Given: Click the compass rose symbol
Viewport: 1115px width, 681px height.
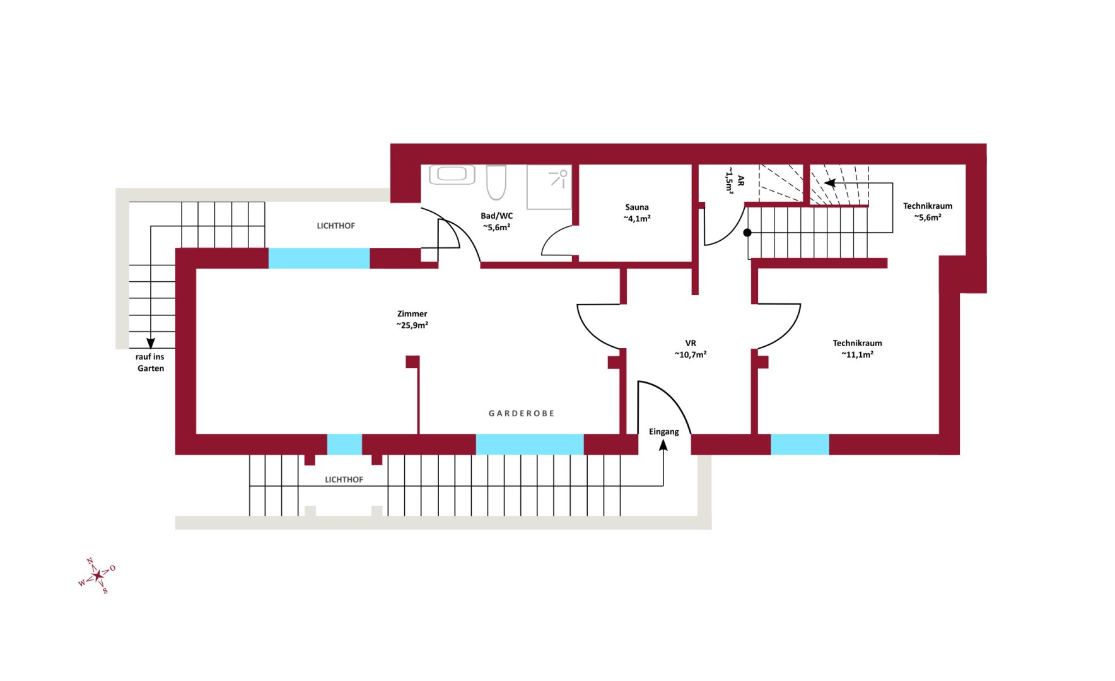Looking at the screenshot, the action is point(96,576).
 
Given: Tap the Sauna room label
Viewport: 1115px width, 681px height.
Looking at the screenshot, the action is point(637,212).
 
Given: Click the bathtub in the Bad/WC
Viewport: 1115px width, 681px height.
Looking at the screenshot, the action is point(452,174).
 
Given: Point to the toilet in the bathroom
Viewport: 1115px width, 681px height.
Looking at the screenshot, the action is point(496,182).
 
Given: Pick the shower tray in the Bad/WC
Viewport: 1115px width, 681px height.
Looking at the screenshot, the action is point(549,187).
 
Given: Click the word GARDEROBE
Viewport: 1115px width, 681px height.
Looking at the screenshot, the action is point(522,414).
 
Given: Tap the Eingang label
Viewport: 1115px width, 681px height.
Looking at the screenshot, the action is point(664,432).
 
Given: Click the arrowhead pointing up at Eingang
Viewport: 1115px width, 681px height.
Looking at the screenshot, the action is point(663,445).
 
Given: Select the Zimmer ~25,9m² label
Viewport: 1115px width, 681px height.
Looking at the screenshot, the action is point(412,320).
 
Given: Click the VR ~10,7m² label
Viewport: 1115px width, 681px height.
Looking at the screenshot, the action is point(691,349).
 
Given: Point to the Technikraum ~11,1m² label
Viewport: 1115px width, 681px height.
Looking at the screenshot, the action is point(858,349).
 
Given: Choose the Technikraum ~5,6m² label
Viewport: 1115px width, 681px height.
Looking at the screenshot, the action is point(928,212).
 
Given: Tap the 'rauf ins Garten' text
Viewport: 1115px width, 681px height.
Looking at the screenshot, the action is point(150,363).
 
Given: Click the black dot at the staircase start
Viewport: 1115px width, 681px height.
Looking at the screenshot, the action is point(747,233).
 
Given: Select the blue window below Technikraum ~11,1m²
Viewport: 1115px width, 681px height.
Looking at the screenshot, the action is point(800,445).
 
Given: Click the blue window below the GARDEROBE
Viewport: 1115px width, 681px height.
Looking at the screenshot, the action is point(530,445).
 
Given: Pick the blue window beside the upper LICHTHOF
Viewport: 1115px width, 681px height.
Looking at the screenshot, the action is point(319,259).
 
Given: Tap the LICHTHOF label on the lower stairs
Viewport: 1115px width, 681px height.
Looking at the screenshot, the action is point(344,480).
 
